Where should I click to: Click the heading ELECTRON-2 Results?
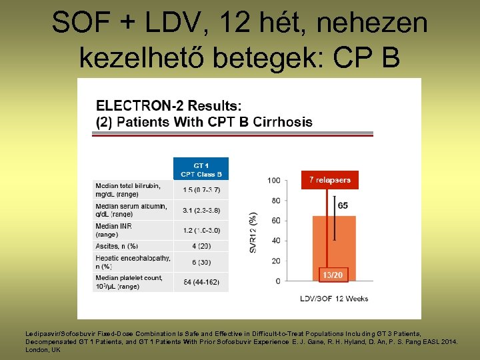point(169,105)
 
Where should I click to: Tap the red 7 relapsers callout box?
point(329,180)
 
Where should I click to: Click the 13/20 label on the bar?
point(333,275)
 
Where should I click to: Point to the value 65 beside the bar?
point(343,205)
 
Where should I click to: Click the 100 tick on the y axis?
point(273,181)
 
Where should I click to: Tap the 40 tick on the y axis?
point(275,241)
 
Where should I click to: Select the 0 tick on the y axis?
point(277,281)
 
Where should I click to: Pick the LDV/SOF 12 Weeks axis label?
point(333,298)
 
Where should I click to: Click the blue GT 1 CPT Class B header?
point(201,169)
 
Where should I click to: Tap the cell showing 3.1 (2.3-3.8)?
point(201,211)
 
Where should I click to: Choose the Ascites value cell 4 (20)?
point(201,246)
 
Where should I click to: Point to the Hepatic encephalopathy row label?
point(132,261)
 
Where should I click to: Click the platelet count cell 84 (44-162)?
point(201,282)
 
